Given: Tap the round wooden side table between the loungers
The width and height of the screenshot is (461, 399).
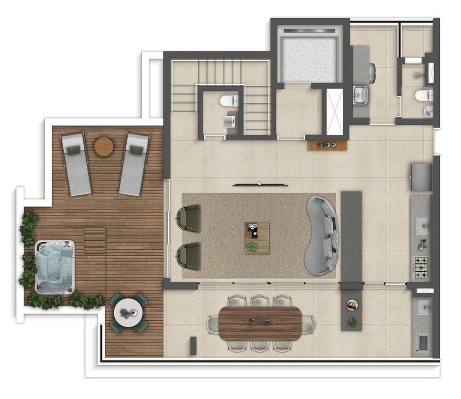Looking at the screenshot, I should tap(104, 147).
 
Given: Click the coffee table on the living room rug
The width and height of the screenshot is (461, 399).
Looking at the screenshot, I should tap(257, 238).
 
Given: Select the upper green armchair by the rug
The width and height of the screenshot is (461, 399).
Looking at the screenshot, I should tap(189, 218).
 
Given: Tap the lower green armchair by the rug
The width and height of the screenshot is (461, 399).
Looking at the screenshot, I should tap(189, 256).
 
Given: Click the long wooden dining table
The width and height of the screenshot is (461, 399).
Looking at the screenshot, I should tap(260, 323).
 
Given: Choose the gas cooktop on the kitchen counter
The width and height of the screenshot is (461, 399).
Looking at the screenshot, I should tap(421, 268).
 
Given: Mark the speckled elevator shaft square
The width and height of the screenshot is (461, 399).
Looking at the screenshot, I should tap(309, 59).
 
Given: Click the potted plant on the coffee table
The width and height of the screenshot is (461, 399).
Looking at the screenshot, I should tap(252, 246).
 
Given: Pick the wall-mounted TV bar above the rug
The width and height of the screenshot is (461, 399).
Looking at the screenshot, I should tap(260, 185).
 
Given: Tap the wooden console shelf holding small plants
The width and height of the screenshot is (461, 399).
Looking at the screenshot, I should tap(327, 145).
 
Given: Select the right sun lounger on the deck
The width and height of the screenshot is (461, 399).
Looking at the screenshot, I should tap(134, 164).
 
